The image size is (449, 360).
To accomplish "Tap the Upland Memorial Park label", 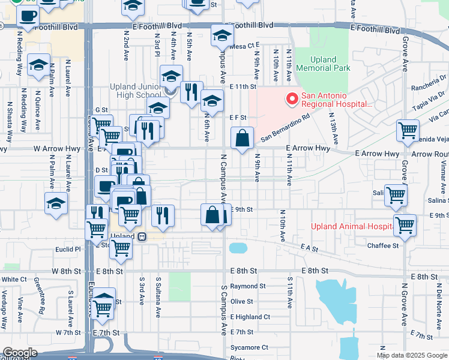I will coord(331,64).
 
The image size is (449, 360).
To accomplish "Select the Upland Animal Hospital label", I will coord(350,226).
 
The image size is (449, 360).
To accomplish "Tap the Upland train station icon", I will coord(142,236).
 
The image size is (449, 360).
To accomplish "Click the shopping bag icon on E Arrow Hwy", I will coord(241,139).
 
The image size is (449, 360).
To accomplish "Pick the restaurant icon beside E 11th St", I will coord(191,92).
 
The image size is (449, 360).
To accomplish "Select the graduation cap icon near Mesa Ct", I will coord(221,35).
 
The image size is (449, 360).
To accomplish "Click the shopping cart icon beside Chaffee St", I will coord(405,226).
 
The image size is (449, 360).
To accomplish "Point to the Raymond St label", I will coord(247,287).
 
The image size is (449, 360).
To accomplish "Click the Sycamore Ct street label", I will coord(249,347).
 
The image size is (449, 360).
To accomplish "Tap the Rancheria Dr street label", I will coord(426,78).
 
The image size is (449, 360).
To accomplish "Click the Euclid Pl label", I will coord(69,248).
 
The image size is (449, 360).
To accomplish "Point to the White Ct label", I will coord(10,280).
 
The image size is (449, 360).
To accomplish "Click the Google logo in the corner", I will coord(20,353).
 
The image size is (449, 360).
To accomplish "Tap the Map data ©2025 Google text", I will coord(412,355).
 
